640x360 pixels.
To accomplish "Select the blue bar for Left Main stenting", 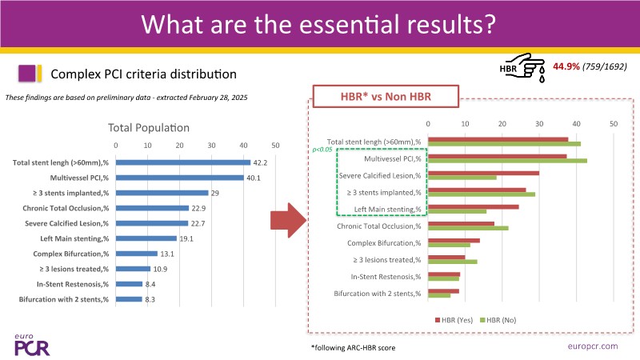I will (x=146, y=238).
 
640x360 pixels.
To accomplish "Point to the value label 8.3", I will (x=150, y=299).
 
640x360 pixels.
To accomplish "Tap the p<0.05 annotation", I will (x=324, y=150).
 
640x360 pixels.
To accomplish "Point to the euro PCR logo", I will (x=31, y=343).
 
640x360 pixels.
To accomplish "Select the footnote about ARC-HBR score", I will (x=353, y=348).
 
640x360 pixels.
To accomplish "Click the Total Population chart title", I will (x=148, y=127).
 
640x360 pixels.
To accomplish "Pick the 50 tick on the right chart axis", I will (x=613, y=124).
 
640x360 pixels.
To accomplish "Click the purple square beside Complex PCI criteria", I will (x=30, y=74).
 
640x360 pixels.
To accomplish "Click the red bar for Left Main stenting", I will (x=473, y=206).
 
